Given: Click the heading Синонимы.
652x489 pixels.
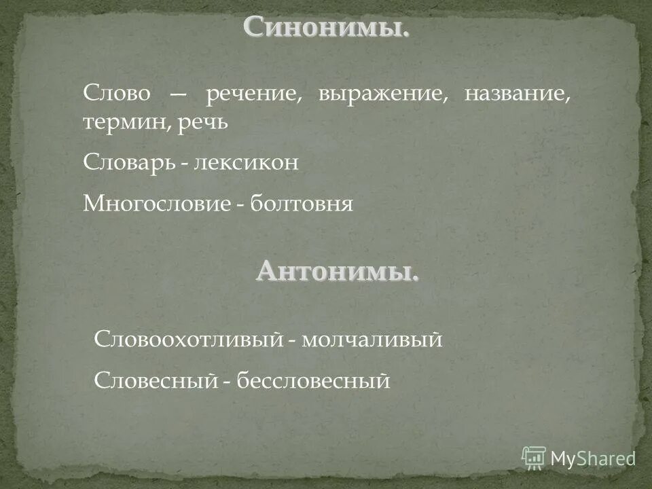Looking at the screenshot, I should pyautogui.click(x=326, y=28).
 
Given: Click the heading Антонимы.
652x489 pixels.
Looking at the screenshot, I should pyautogui.click(x=338, y=272).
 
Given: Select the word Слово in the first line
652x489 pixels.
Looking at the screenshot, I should pyautogui.click(x=116, y=94).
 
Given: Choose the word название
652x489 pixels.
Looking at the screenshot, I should pyautogui.click(x=518, y=94).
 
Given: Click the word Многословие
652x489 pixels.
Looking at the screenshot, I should pyautogui.click(x=157, y=204).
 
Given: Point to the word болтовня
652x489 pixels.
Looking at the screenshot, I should pyautogui.click(x=302, y=204).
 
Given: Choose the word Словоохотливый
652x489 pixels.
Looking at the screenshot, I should pyautogui.click(x=187, y=339).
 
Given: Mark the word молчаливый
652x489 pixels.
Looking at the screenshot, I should pyautogui.click(x=372, y=339).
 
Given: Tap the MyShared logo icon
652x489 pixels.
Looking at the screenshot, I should pyautogui.click(x=534, y=458).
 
